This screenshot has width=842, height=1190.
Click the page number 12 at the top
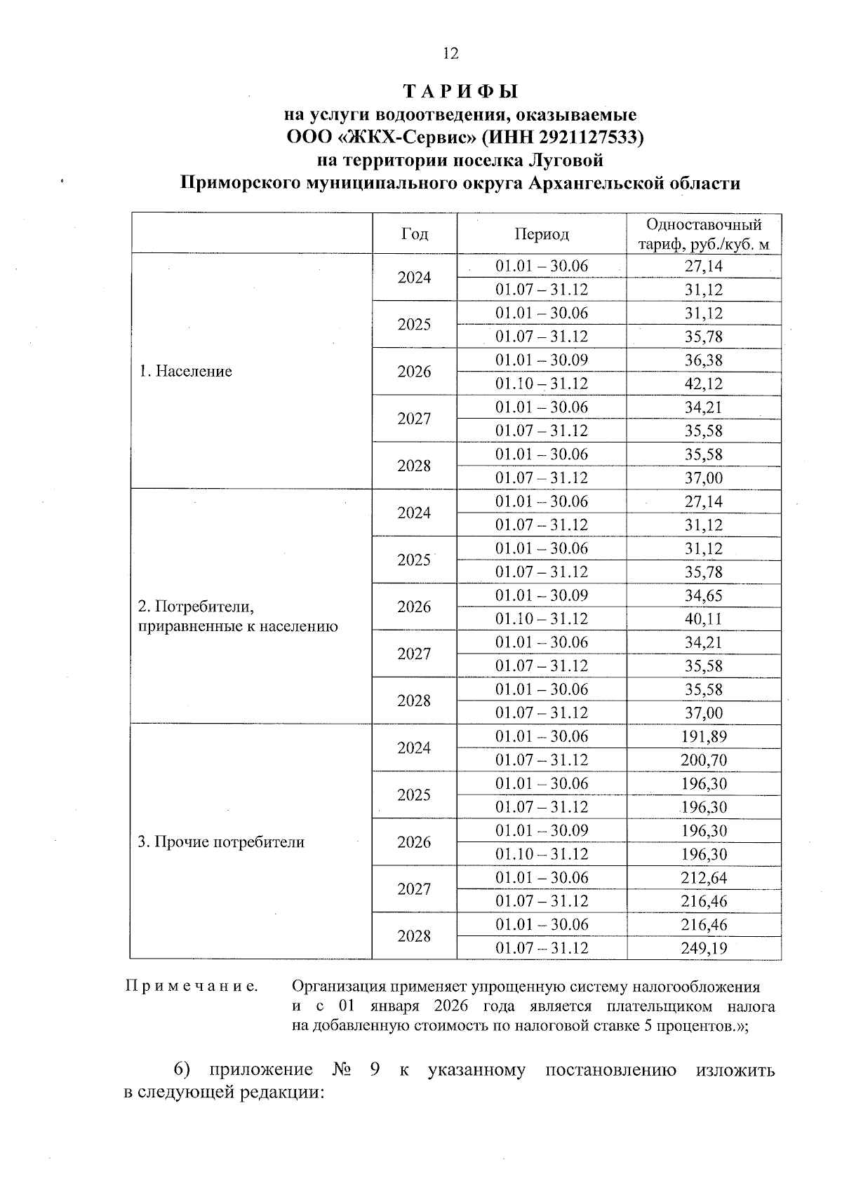click(450, 53)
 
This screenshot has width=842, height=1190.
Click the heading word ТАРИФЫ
click(461, 92)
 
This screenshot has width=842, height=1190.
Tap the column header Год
click(414, 234)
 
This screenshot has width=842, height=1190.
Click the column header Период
click(541, 234)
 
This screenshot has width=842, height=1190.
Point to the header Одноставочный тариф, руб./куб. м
click(703, 234)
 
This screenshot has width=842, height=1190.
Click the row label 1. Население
click(185, 372)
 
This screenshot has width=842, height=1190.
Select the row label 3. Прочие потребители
click(221, 842)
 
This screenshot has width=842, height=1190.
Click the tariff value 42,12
click(703, 384)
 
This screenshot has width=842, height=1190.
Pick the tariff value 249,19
click(703, 949)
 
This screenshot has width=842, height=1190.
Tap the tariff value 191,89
click(703, 737)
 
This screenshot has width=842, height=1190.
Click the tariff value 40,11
click(703, 619)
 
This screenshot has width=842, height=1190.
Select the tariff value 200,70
click(703, 760)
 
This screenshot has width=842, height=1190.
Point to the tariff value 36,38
click(703, 360)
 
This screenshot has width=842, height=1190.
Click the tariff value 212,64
click(703, 878)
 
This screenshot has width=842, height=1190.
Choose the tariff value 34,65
click(703, 596)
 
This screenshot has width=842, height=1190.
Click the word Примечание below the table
click(191, 987)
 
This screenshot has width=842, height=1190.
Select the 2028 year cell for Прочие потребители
click(414, 937)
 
